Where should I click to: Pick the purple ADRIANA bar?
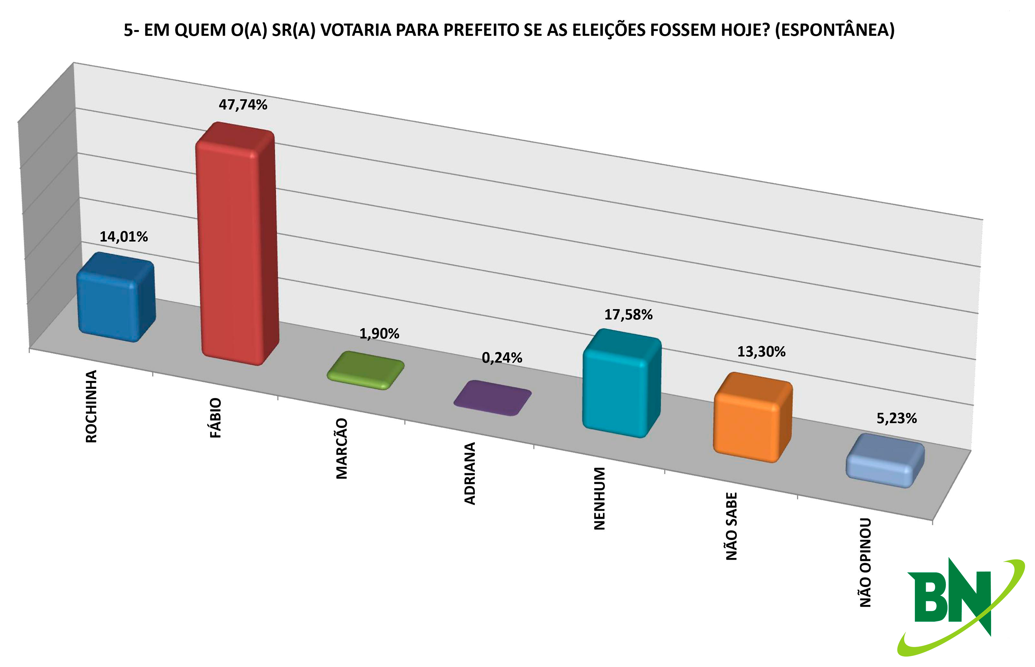pos(492,398)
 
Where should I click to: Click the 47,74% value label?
pos(243,105)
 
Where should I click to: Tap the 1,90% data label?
pos(379,334)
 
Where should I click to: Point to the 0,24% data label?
pos(502,358)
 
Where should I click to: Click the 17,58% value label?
pos(628,315)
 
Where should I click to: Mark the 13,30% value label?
pos(761,352)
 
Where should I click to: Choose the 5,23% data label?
pos(896,418)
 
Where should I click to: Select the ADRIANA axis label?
pos(470,473)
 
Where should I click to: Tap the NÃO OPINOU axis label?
pos(865,562)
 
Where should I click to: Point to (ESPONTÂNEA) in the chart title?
pos(835,30)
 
